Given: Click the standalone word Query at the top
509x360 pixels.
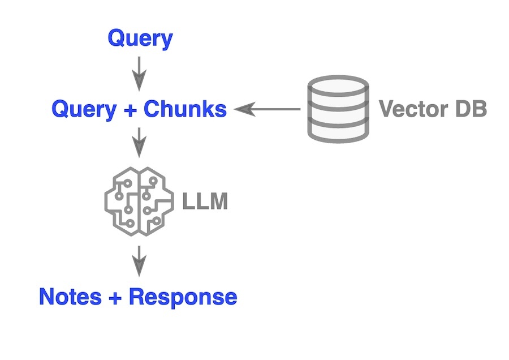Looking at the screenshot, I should pyautogui.click(x=140, y=39).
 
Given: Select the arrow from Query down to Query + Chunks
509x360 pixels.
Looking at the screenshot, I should pyautogui.click(x=139, y=74).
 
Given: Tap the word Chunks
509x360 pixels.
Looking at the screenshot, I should pyautogui.click(x=185, y=109).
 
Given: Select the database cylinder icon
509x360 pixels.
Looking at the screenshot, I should pyautogui.click(x=338, y=109).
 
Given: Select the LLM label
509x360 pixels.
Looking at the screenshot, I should pyautogui.click(x=205, y=202).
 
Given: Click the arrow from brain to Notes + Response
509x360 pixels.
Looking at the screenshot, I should pyautogui.click(x=139, y=261).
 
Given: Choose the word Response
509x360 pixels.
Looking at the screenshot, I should pyautogui.click(x=183, y=297).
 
